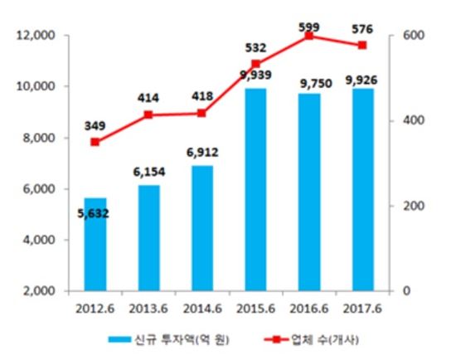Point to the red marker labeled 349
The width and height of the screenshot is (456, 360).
click(x=96, y=142)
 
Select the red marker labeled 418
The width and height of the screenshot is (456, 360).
click(x=201, y=113)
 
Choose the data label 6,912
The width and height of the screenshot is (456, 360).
click(x=201, y=153)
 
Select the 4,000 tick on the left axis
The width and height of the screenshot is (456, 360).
click(x=37, y=241)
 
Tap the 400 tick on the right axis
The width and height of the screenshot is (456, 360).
click(x=413, y=121)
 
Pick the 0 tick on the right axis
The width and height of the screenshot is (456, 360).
click(x=405, y=291)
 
